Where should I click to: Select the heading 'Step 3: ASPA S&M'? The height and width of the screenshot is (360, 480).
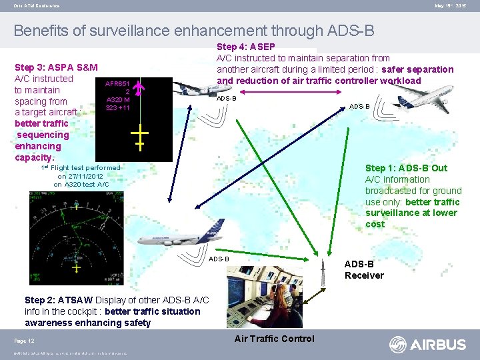click(x=56, y=67)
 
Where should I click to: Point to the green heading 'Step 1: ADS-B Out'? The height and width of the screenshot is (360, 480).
click(x=406, y=168)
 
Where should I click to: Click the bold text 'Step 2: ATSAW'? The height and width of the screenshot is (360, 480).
click(x=59, y=300)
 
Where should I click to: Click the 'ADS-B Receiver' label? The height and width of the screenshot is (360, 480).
click(x=364, y=270)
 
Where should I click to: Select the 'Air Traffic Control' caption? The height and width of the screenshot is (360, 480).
click(x=274, y=339)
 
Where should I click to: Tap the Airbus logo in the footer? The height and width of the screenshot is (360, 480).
click(x=428, y=345)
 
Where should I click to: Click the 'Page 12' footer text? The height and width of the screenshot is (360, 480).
click(x=25, y=341)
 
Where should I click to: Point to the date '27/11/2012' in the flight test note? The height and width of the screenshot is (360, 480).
click(x=80, y=176)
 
